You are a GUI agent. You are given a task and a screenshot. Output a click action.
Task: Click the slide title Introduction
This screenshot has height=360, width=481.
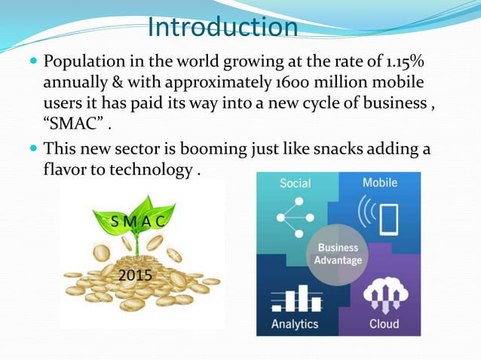[x=223, y=27]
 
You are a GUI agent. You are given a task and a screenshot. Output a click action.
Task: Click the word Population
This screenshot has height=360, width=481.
[x=82, y=61]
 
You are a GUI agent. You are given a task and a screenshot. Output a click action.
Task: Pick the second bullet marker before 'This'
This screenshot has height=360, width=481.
[x=33, y=150]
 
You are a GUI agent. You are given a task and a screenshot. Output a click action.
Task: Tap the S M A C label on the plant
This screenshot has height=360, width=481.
[x=139, y=221]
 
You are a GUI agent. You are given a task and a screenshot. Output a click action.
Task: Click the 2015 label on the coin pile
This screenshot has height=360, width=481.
[x=136, y=276]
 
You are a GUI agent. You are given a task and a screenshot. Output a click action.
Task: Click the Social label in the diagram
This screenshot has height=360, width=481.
[x=295, y=183]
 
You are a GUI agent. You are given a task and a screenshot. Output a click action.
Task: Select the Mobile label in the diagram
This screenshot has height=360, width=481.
[x=380, y=183]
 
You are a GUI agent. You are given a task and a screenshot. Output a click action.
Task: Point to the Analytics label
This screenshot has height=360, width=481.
[x=295, y=324]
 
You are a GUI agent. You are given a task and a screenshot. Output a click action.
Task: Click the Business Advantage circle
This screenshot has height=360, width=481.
[x=338, y=255]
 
